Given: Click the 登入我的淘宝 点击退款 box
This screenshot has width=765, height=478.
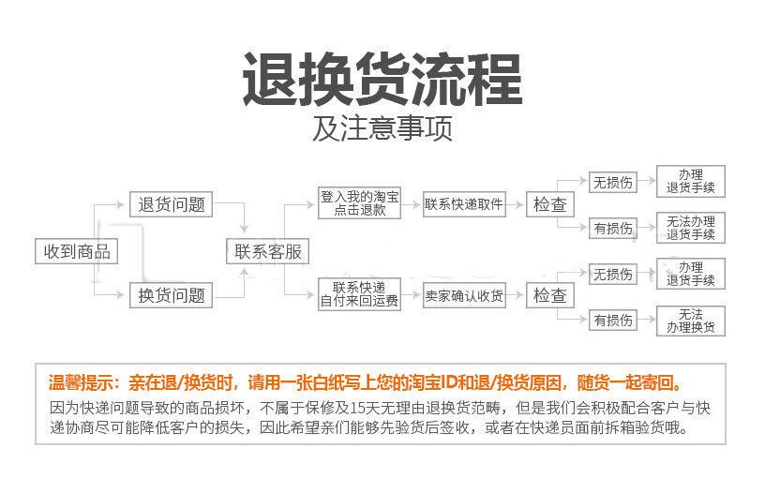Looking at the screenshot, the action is click(x=360, y=204).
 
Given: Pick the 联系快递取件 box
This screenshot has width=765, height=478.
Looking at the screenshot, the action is click(x=463, y=204).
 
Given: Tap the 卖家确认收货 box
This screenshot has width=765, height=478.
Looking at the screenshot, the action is click(x=463, y=296).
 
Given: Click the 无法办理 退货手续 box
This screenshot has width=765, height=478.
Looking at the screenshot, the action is click(x=690, y=228).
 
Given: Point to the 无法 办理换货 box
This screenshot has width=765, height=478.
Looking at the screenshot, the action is click(x=690, y=321).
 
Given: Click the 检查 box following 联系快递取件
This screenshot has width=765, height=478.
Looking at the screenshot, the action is click(x=550, y=204).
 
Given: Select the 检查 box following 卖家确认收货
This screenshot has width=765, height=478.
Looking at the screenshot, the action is click(x=550, y=296).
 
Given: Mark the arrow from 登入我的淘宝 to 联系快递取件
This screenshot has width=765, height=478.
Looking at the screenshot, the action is click(x=412, y=204).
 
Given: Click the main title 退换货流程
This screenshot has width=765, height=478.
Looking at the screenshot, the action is click(x=382, y=80).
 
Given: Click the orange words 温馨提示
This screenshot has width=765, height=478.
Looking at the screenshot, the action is click(x=83, y=382).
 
